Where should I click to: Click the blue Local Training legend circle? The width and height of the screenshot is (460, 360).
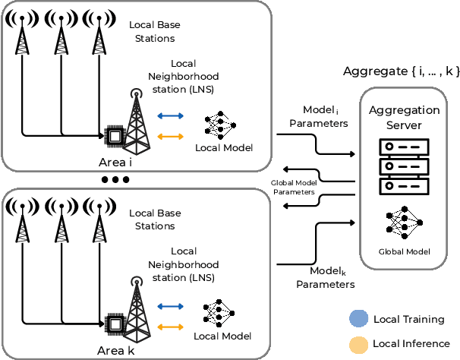coord(358,319)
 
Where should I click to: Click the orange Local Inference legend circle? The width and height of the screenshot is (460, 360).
coord(358,344)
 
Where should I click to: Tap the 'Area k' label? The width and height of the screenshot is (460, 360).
coord(116,351)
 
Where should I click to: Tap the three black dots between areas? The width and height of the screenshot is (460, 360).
coord(115,180)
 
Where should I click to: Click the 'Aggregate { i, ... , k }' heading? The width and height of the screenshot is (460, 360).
coord(400,71)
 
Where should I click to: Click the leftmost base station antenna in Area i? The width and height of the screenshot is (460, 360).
coord(23,34)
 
